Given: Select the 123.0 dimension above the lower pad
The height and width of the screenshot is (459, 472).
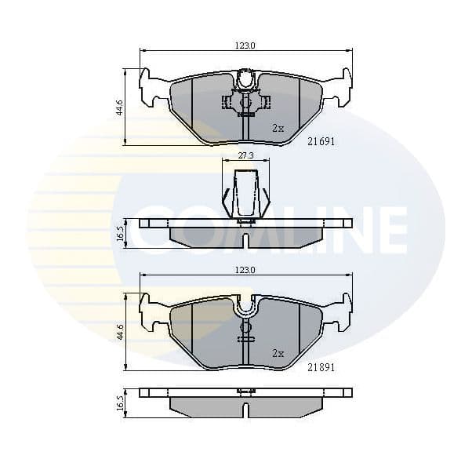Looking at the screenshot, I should tap(245, 270).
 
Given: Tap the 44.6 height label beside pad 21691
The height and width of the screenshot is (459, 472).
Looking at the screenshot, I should tap(119, 107).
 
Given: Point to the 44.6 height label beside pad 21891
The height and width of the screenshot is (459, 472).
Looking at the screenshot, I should tap(119, 331).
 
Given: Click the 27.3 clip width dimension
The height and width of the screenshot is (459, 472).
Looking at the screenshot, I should tap(245, 156).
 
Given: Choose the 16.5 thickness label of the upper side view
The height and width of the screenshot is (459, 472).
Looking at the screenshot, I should tap(120, 233).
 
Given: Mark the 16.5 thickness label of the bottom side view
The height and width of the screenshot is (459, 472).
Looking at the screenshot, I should tap(120, 403).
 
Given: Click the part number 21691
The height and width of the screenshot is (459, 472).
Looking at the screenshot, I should tap(321, 141).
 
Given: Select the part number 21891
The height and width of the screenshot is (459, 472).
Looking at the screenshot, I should tap(321, 366).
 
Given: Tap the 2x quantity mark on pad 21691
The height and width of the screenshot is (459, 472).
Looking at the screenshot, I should tap(278, 127).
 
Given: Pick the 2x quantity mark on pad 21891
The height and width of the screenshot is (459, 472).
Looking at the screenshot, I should tap(278, 353).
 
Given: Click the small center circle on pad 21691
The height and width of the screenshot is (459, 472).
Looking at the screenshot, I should tap(245, 102).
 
